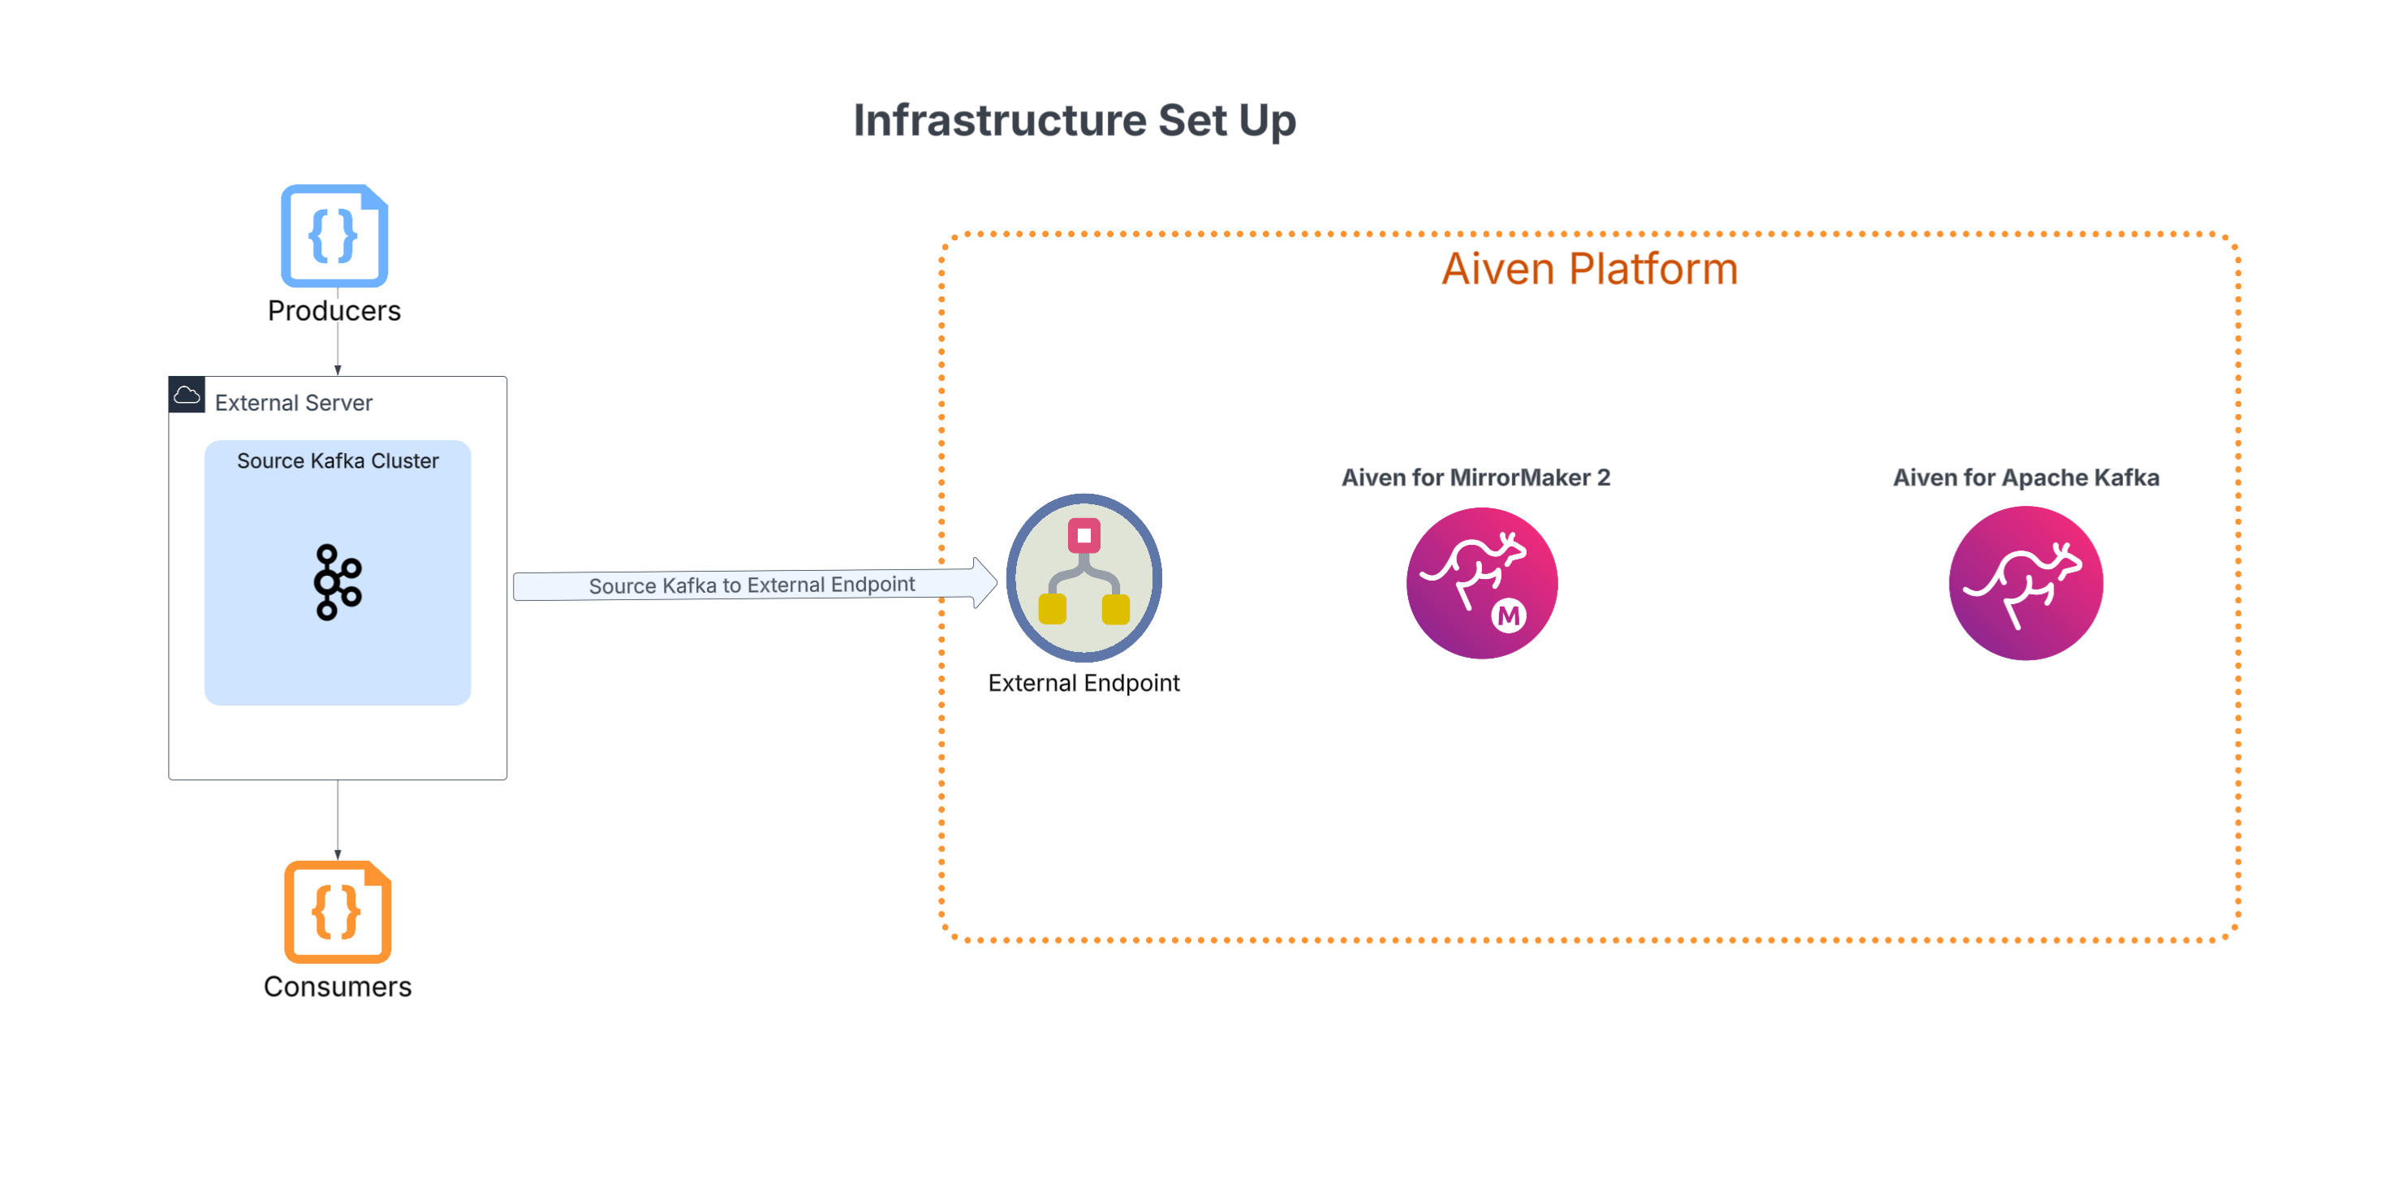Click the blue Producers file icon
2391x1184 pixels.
point(334,235)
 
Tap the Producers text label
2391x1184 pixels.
point(334,310)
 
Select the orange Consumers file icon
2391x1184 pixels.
point(338,911)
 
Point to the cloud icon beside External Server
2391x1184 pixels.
point(187,395)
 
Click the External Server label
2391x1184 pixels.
point(293,402)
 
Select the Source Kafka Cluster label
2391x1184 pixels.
point(338,460)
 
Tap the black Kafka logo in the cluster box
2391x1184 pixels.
point(338,582)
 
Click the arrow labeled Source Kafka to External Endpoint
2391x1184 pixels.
point(755,584)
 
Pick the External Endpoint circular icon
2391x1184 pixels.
point(1084,577)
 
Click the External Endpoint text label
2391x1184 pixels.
point(1084,684)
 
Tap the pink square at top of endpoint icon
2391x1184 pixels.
point(1084,535)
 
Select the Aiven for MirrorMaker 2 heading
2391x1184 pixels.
point(1476,477)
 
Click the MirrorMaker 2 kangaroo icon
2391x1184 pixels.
point(1482,583)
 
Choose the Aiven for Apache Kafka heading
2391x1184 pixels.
point(2027,477)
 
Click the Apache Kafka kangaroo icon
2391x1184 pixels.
point(2027,583)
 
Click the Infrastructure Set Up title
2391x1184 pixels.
point(1075,121)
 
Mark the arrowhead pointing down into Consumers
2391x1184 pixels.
point(338,854)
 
